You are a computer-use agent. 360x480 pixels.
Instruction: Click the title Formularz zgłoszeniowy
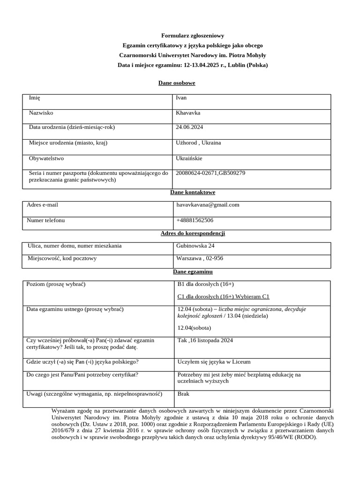click(x=193, y=35)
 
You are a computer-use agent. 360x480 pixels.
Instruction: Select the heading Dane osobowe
click(x=177, y=83)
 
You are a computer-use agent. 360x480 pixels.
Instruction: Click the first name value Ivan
click(x=181, y=98)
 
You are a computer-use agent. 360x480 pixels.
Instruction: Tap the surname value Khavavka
click(x=188, y=113)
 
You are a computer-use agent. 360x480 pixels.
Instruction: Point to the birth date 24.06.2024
click(x=189, y=127)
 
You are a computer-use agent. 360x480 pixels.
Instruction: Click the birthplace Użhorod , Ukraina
click(x=198, y=142)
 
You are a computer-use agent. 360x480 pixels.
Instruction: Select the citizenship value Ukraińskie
click(x=189, y=158)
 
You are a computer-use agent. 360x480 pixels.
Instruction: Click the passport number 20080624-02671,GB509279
click(x=210, y=173)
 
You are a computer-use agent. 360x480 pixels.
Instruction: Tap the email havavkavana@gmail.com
click(x=208, y=205)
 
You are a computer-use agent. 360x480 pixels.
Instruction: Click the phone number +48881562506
click(x=195, y=220)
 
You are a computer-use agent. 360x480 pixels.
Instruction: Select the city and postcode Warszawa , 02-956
click(x=200, y=258)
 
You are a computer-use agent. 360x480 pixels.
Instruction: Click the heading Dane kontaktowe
click(x=192, y=192)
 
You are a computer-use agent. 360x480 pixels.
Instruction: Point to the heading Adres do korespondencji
click(x=193, y=233)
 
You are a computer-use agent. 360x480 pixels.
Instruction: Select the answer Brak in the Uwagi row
click(x=183, y=394)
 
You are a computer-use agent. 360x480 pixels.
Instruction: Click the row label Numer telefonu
click(x=46, y=220)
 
